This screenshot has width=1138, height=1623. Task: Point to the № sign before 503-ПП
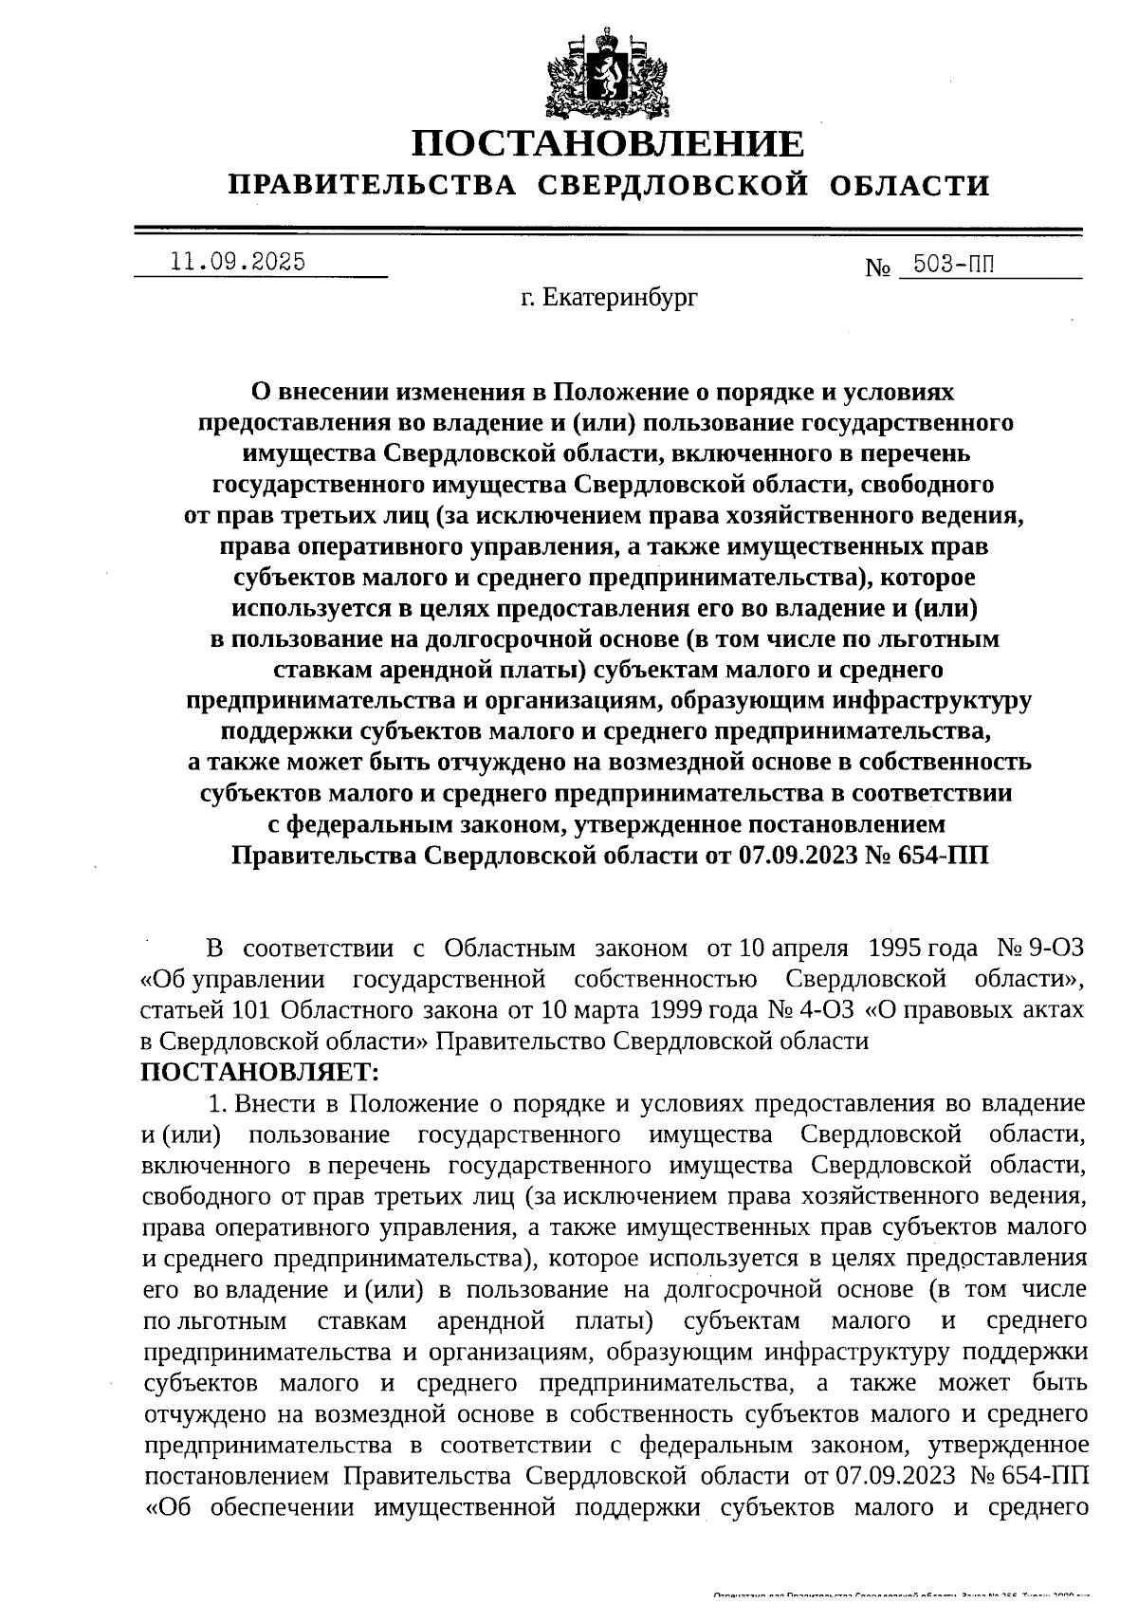tap(878, 268)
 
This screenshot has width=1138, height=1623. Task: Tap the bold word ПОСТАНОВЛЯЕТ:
tap(259, 1073)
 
